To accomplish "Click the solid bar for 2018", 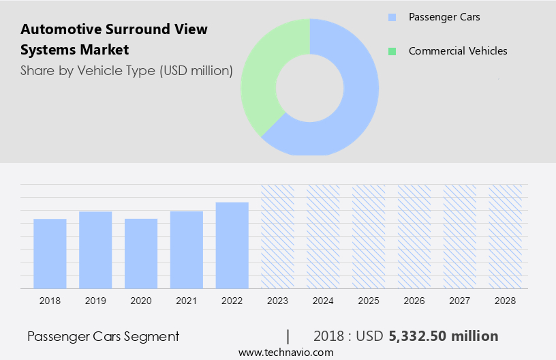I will [x=50, y=254].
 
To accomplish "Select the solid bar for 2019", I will [x=95, y=250].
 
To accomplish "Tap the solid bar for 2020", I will [x=141, y=254].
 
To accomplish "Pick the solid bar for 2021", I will [x=187, y=250].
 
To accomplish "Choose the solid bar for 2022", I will [x=232, y=245].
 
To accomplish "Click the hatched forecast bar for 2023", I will [x=278, y=237].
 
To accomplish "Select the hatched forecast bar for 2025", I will [x=369, y=237].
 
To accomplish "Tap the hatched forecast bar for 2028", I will [x=506, y=237].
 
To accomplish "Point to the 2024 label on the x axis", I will [x=323, y=300].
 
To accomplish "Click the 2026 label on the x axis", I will [x=414, y=300].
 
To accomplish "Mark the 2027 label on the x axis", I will [x=460, y=300].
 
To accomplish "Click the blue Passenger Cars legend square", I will [x=391, y=17].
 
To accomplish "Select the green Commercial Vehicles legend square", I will [x=391, y=51].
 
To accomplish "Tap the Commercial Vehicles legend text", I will [x=458, y=51].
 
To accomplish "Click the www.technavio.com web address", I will [x=285, y=352].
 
